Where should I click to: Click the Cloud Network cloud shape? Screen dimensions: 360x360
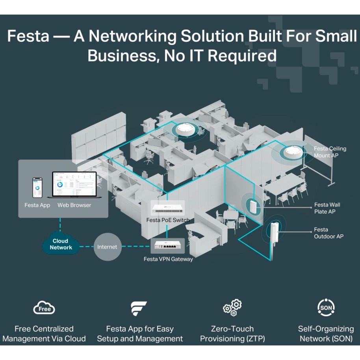pyautogui.click(x=61, y=245)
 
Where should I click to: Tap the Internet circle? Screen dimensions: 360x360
pyautogui.click(x=107, y=247)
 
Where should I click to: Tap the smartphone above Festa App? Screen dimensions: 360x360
pyautogui.click(x=37, y=188)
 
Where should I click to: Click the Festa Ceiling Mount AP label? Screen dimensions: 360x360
pyautogui.click(x=330, y=152)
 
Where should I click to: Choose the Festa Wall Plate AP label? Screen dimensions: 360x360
pyautogui.click(x=327, y=208)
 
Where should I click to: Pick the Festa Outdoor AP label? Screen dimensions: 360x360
pyautogui.click(x=328, y=233)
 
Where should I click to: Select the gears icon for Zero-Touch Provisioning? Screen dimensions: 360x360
pyautogui.click(x=232, y=307)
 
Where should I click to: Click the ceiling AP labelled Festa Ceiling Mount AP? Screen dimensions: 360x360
pyautogui.click(x=293, y=152)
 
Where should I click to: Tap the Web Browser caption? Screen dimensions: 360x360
pyautogui.click(x=74, y=205)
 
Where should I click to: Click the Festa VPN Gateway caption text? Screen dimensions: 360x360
pyautogui.click(x=168, y=259)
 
